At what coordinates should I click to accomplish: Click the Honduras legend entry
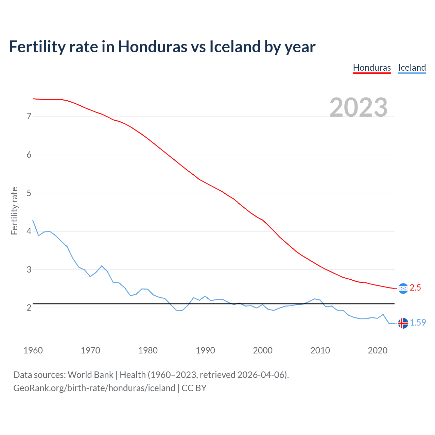[372, 68]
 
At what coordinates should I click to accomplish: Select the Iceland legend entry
[412, 68]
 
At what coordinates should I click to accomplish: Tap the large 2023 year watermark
[359, 107]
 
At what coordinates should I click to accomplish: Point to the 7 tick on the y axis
[29, 117]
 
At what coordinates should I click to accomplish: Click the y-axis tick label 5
[29, 193]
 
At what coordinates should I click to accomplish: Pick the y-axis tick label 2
[29, 308]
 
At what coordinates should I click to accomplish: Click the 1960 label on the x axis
[33, 350]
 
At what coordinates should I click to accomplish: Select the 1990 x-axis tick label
[205, 350]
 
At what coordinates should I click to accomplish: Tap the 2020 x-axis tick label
[378, 350]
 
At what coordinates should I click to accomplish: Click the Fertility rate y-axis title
[14, 211]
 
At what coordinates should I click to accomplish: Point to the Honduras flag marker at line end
[403, 289]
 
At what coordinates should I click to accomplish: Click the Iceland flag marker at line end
[403, 323]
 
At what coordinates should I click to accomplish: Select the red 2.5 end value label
[415, 288]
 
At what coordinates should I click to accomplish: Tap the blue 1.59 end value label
[418, 323]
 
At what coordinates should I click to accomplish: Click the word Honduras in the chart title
[152, 47]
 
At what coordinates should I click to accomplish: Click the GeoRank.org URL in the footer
[94, 388]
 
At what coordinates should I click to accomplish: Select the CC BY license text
[194, 388]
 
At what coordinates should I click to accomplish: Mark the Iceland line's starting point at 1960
[33, 220]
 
